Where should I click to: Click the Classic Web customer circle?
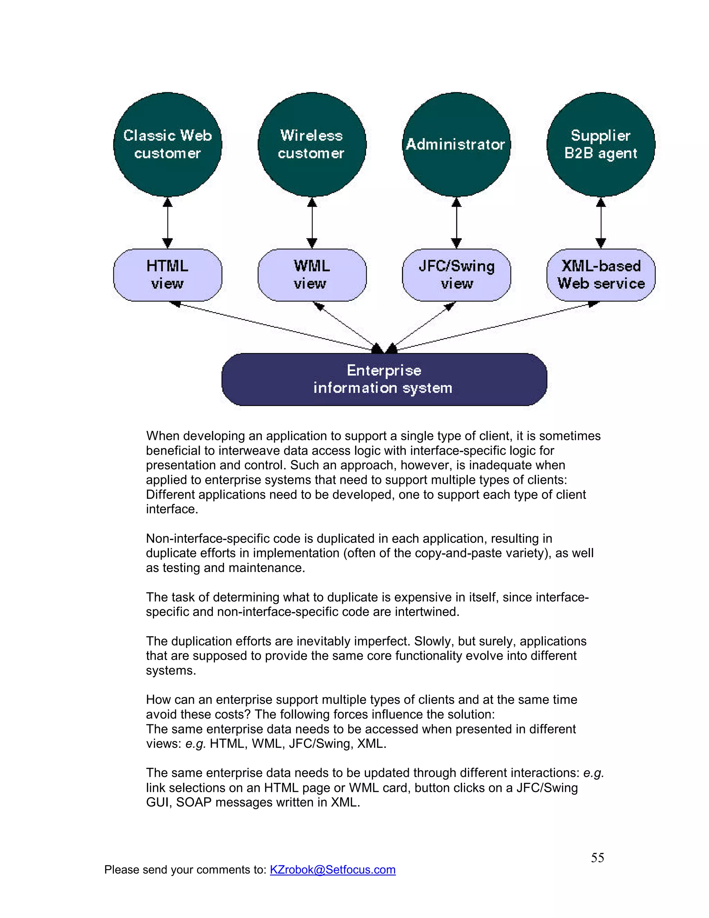[168, 144]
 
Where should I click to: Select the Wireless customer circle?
[312, 144]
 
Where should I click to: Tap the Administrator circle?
[456, 144]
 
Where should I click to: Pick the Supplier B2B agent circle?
[601, 144]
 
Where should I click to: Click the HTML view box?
[168, 275]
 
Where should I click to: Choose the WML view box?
[312, 275]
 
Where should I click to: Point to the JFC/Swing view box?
[456, 275]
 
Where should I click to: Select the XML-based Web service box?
[601, 275]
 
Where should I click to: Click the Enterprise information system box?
[384, 379]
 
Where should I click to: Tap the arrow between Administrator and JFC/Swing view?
[456, 223]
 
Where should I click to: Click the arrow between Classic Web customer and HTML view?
[168, 223]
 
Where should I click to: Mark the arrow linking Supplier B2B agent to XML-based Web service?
[601, 223]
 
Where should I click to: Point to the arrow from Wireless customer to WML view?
[312, 223]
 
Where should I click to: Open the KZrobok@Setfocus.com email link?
[332, 870]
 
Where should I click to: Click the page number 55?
[597, 857]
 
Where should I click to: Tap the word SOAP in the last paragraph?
[193, 802]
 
